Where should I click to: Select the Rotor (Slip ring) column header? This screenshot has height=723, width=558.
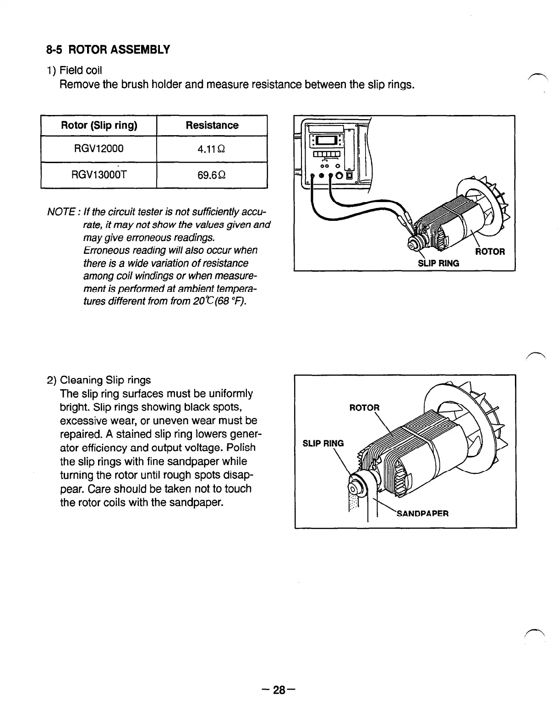99,126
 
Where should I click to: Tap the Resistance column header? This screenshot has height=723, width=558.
212,126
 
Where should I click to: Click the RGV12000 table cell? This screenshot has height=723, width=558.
99,149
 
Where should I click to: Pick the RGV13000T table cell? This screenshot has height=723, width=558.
99,175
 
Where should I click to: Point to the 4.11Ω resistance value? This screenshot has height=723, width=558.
212,149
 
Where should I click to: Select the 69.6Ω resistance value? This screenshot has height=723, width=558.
212,175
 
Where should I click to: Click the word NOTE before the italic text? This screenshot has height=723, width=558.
61,212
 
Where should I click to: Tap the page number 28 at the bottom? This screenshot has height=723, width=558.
279,690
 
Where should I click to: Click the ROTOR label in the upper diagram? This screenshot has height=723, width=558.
489,252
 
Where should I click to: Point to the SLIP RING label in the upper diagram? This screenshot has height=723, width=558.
438,263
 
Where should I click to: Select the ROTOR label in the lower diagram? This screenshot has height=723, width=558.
364,408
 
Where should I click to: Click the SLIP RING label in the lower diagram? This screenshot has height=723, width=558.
323,443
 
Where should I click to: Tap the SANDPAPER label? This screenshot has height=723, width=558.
422,513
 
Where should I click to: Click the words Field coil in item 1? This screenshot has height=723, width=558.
81,71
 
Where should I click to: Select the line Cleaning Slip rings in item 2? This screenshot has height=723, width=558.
105,380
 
